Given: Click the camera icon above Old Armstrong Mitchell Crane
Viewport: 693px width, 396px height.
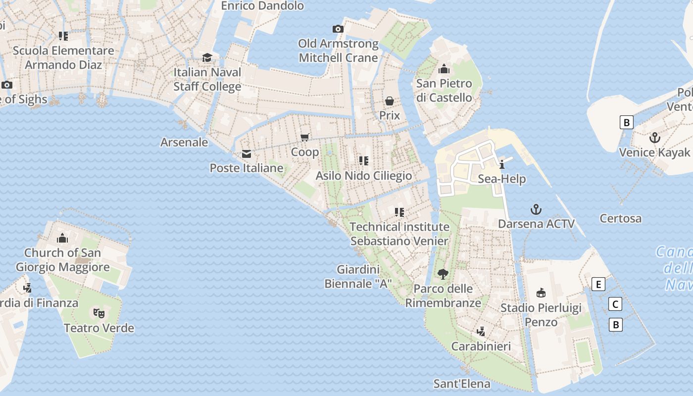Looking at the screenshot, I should (x=338, y=29).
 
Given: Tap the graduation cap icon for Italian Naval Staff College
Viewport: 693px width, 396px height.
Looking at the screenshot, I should (x=207, y=58).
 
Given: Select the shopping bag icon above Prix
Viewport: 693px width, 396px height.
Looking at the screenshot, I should (x=390, y=101).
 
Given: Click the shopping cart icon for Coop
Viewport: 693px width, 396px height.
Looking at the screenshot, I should (x=305, y=137).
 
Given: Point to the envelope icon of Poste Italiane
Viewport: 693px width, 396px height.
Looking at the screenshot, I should (x=246, y=154).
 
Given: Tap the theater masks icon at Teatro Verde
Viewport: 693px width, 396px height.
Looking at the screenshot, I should (x=99, y=313).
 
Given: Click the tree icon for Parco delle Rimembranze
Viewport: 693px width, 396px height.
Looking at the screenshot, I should (x=443, y=274).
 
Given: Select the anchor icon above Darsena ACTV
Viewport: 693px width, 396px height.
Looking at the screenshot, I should (x=536, y=209).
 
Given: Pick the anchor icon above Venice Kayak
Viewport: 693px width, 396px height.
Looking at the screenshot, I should (x=655, y=138).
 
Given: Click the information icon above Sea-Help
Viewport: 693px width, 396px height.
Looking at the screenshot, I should (x=502, y=164).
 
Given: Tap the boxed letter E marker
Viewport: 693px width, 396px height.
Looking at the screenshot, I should (x=598, y=284).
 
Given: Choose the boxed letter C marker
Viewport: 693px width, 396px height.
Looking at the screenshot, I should (x=615, y=304).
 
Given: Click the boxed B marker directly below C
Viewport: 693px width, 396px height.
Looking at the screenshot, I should (x=615, y=325).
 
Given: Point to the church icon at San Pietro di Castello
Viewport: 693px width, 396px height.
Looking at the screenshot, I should (x=444, y=69).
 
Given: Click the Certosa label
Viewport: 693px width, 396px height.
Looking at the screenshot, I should (x=620, y=218).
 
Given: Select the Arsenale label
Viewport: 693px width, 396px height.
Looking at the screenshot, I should (x=184, y=143).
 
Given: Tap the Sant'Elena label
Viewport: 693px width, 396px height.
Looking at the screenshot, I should (x=461, y=384).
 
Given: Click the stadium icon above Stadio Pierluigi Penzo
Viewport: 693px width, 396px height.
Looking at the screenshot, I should (x=541, y=293).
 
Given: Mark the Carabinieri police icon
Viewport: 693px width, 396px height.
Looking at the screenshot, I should (x=481, y=331).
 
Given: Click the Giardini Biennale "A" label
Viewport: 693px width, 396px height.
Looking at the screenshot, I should (x=358, y=277).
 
